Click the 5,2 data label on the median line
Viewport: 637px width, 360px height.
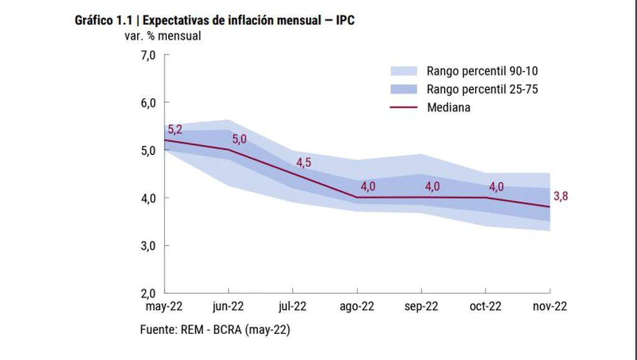click(175, 130)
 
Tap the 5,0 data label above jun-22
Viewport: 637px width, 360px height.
click(239, 140)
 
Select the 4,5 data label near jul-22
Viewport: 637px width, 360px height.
click(303, 163)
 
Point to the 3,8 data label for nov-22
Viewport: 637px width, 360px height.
click(560, 196)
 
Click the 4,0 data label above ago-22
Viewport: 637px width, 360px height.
click(368, 186)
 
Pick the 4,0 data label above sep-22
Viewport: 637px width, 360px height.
click(432, 186)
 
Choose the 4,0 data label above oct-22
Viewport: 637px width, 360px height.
click(496, 186)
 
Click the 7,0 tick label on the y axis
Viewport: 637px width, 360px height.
click(148, 55)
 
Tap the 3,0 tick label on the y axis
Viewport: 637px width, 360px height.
click(148, 246)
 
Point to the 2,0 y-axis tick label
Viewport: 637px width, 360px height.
click(148, 293)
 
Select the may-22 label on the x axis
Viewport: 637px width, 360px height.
click(164, 306)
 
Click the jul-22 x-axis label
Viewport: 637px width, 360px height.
click(293, 306)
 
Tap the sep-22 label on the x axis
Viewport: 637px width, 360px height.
click(422, 306)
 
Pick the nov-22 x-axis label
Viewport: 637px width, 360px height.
click(550, 306)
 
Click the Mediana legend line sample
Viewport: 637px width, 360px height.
click(403, 107)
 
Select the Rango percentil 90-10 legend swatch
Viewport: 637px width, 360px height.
click(403, 71)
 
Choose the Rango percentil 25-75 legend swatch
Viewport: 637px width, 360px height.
click(403, 89)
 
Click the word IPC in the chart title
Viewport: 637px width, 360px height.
click(345, 21)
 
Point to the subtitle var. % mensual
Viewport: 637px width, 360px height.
click(163, 36)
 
